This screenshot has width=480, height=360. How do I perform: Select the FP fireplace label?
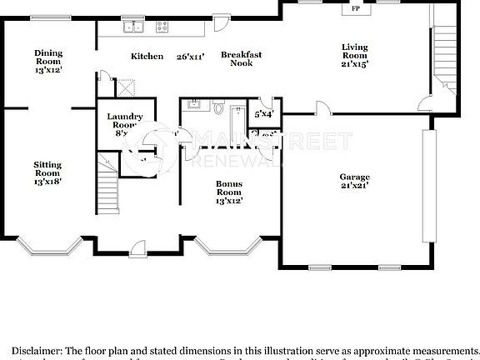[x=356, y=9]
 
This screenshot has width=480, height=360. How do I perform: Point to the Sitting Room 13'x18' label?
[x=47, y=172]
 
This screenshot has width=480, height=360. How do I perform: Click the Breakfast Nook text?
[x=242, y=59]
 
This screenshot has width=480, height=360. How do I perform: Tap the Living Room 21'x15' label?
[x=355, y=54]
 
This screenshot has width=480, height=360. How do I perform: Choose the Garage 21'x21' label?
[x=354, y=182]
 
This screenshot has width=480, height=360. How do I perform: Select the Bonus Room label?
[x=229, y=192]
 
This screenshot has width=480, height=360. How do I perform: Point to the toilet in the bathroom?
[x=219, y=108]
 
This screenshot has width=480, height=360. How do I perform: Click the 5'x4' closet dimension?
[x=263, y=113]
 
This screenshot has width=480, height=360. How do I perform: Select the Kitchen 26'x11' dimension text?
[x=191, y=57]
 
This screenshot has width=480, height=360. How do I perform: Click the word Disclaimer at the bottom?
[x=38, y=351]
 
